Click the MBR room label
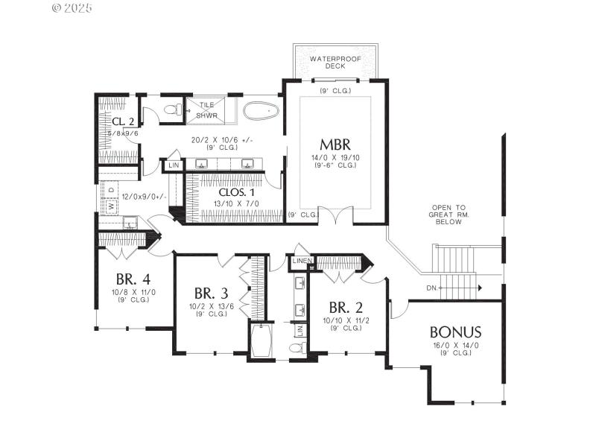click(335, 143)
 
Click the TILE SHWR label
click(206, 110)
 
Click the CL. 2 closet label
click(124, 121)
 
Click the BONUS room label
click(455, 332)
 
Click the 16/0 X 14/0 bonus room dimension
click(455, 346)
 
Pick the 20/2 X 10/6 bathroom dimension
click(215, 139)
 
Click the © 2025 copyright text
click(72, 8)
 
